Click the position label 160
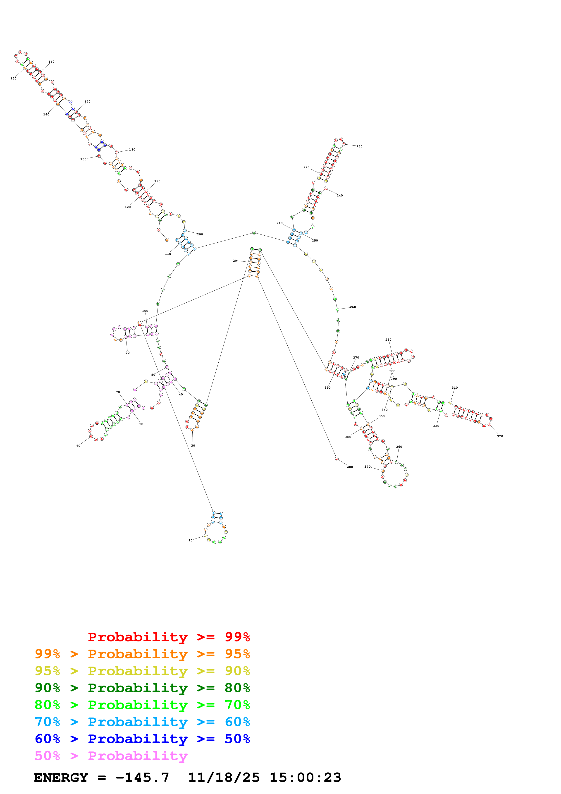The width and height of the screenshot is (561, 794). [x=51, y=62]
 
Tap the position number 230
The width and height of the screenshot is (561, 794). [x=360, y=146]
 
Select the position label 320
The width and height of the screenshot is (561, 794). [x=500, y=436]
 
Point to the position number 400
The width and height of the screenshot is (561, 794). [x=350, y=467]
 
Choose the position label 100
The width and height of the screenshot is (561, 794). [x=145, y=311]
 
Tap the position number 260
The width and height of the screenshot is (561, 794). [x=353, y=307]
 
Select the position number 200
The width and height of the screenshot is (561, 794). [x=200, y=234]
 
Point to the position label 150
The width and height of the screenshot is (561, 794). [x=14, y=79]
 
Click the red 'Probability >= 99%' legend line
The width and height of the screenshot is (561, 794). [x=169, y=637]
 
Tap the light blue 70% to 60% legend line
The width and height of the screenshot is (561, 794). [x=142, y=722]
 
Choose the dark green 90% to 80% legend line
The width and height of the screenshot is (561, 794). [x=142, y=688]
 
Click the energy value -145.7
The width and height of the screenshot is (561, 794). [x=142, y=778]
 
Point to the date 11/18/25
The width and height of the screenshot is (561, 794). [x=224, y=778]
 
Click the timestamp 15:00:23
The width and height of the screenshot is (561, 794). [x=305, y=778]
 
